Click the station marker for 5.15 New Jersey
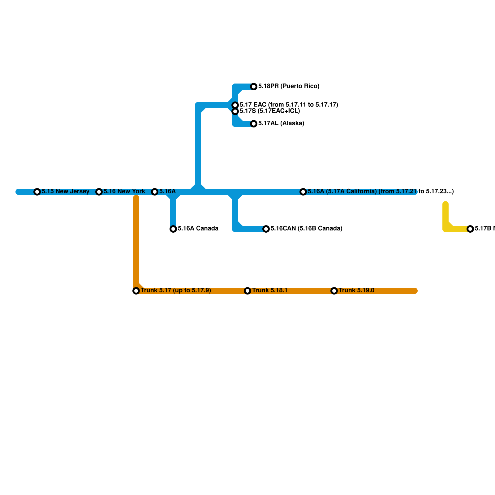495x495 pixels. (37, 192)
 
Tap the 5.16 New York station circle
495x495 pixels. (99, 192)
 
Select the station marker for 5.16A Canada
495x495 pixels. (173, 229)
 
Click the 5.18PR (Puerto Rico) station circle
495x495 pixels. (254, 87)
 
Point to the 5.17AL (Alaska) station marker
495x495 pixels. (254, 124)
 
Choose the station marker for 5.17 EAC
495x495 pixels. (235, 105)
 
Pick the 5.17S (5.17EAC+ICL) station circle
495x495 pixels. (235, 111)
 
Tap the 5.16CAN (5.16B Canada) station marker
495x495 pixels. (266, 229)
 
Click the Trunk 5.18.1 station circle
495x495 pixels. (247, 291)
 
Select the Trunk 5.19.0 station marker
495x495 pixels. (334, 291)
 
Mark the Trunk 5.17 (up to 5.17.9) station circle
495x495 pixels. (136, 291)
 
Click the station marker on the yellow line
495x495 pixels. (470, 229)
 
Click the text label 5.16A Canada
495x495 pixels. (198, 229)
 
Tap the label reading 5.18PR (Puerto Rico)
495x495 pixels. (289, 86)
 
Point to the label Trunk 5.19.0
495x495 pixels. (356, 291)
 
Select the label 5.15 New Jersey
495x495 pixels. (66, 192)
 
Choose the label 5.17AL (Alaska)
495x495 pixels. (281, 123)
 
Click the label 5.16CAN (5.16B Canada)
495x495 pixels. (306, 229)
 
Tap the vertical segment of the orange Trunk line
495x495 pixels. (136, 241)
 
